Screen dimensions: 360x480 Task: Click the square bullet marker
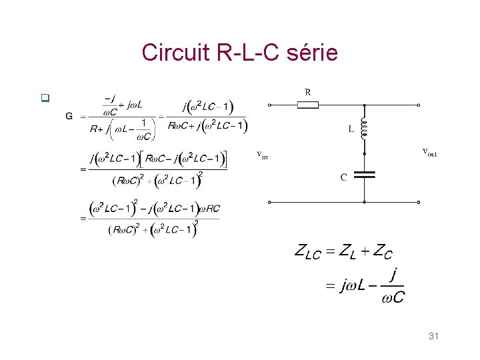pos(45,99)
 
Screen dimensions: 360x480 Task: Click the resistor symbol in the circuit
pos(308,105)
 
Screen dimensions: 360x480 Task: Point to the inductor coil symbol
pos(365,129)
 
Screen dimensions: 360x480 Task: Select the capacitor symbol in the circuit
pos(365,175)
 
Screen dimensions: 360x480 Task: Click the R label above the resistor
pos(308,91)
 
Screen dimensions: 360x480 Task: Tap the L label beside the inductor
pos(351,130)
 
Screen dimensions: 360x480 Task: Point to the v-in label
pos(263,155)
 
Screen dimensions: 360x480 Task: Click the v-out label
pos(430,152)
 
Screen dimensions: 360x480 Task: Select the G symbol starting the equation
pos(69,117)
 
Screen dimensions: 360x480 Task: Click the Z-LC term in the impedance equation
pos(307,252)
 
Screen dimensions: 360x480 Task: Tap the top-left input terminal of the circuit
pos(269,105)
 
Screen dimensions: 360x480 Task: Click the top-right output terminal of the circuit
pos(418,105)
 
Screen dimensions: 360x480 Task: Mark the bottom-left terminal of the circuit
pos(269,201)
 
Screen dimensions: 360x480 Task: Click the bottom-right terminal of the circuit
pos(418,201)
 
